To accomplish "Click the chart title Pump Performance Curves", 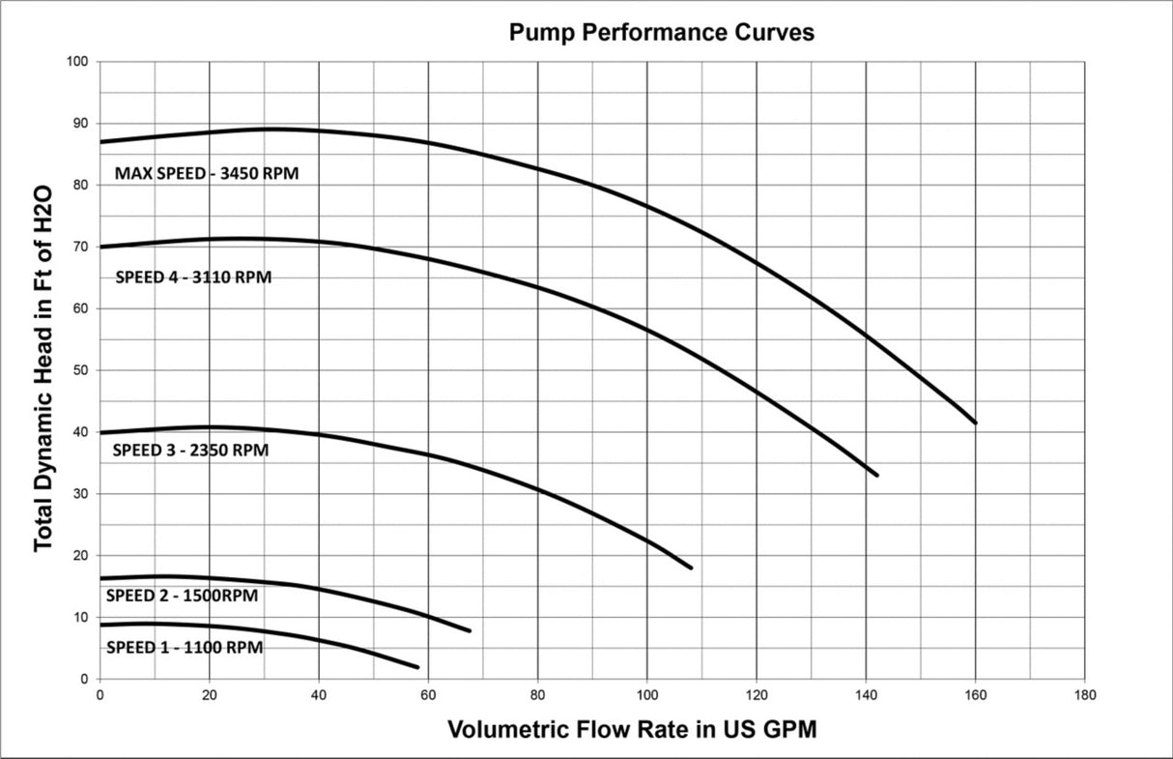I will click(x=662, y=33).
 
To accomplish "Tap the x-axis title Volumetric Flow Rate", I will click(x=631, y=729).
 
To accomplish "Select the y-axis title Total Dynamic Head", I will click(x=44, y=369).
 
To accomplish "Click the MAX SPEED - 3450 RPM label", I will click(x=207, y=174).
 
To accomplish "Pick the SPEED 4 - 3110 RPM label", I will click(x=193, y=277).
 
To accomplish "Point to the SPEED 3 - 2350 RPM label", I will click(x=190, y=450).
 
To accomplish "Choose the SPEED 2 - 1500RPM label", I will click(x=182, y=596).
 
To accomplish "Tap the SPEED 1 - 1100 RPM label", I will click(x=184, y=647).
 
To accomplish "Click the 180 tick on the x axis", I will click(x=1085, y=695).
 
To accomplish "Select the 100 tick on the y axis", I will click(x=78, y=62).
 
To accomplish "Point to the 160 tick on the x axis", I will click(x=976, y=695).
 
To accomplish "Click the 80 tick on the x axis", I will click(x=538, y=695).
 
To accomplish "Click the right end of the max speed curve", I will click(x=976, y=423).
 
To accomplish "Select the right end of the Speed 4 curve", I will click(x=877, y=475).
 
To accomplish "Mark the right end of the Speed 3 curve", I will click(x=691, y=568).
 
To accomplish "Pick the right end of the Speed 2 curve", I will click(x=470, y=630).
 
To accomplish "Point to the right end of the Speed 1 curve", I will click(x=417, y=667).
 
